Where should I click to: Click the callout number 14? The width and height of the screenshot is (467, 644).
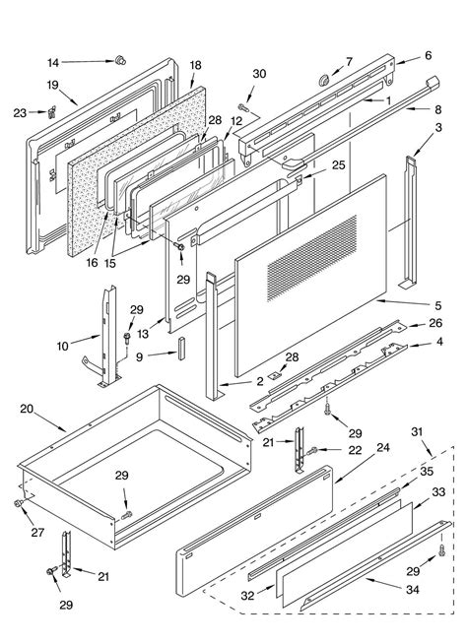pyautogui.click(x=53, y=63)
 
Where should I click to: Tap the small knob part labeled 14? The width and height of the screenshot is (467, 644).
pyautogui.click(x=120, y=60)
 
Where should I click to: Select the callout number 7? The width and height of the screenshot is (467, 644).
pyautogui.click(x=349, y=62)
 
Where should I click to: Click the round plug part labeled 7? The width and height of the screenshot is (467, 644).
pyautogui.click(x=324, y=79)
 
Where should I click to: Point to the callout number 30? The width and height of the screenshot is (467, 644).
pyautogui.click(x=259, y=74)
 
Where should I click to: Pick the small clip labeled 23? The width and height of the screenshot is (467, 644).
pyautogui.click(x=52, y=111)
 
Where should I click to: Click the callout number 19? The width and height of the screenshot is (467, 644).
pyautogui.click(x=52, y=85)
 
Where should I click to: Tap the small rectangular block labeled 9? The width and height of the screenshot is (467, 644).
pyautogui.click(x=181, y=349)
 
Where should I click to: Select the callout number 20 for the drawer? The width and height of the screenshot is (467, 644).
pyautogui.click(x=27, y=409)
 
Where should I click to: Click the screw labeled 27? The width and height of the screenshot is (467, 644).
pyautogui.click(x=19, y=503)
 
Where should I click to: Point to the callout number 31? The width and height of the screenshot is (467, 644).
pyautogui.click(x=417, y=431)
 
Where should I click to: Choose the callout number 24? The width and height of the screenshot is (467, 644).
pyautogui.click(x=382, y=447)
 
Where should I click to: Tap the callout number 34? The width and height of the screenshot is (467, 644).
pyautogui.click(x=413, y=590)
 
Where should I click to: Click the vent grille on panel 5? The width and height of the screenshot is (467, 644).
pyautogui.click(x=312, y=258)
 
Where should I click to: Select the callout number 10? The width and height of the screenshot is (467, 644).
pyautogui.click(x=62, y=347)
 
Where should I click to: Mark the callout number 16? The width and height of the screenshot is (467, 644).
pyautogui.click(x=92, y=263)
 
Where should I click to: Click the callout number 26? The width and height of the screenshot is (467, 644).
pyautogui.click(x=435, y=323)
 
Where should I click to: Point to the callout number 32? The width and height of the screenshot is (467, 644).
pyautogui.click(x=247, y=595)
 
